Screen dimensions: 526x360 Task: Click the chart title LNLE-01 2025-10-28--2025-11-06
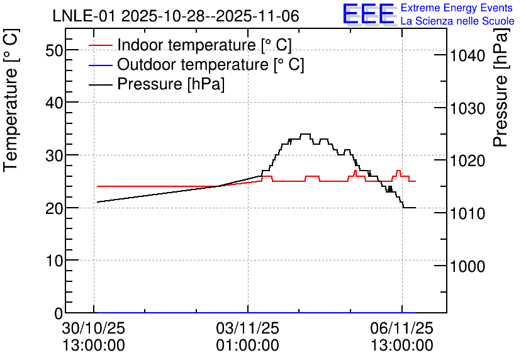coord(176,16)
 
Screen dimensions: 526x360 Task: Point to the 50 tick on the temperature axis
coord(54,50)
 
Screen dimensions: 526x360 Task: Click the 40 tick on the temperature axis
coord(54,103)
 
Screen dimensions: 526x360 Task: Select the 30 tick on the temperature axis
coord(54,155)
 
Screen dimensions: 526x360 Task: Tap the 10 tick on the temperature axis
coord(54,261)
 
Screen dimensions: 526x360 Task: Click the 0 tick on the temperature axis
coord(59,313)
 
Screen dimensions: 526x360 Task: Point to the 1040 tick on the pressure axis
coord(467,55)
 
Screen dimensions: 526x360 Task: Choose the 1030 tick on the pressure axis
coord(467,108)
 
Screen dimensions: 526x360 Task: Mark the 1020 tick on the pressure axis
coord(467,161)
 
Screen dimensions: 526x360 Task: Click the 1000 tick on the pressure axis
coord(467,266)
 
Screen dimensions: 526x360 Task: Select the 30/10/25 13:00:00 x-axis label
coord(94,337)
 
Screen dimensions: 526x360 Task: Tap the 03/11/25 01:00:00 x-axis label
coord(247,337)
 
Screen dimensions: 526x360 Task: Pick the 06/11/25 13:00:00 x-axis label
coord(402,337)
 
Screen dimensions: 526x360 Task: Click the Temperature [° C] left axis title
coord(11,100)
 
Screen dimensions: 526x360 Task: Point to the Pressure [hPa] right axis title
coord(501,87)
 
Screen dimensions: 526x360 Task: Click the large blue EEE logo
coord(369,14)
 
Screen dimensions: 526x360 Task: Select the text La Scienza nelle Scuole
coord(457,21)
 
